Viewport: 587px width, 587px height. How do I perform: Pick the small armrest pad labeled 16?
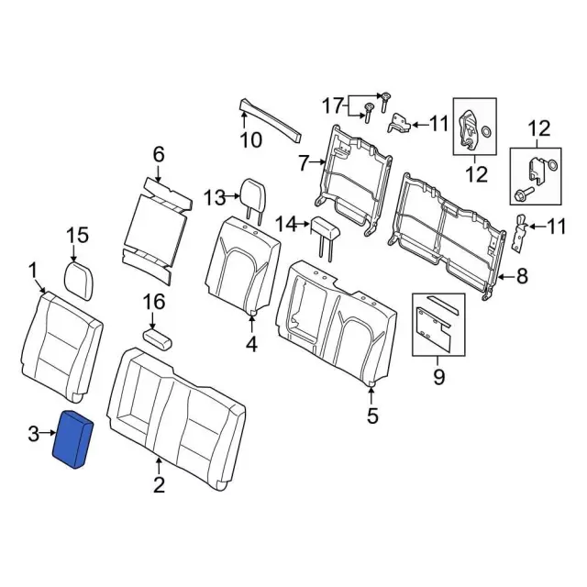point(157,338)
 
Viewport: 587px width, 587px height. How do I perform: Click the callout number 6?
point(158,153)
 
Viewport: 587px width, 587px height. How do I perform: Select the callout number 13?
point(215,197)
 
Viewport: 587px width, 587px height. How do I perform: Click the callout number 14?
point(287,223)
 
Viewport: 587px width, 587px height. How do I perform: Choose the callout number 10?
point(250,140)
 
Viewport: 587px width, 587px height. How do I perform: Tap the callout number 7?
point(305,164)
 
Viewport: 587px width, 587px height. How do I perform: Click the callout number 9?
point(438,375)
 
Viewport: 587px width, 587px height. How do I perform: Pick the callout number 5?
point(371,417)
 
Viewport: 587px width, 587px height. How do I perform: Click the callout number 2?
point(158,483)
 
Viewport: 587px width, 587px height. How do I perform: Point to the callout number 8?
point(522,274)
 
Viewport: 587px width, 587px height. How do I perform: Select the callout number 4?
point(251,345)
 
